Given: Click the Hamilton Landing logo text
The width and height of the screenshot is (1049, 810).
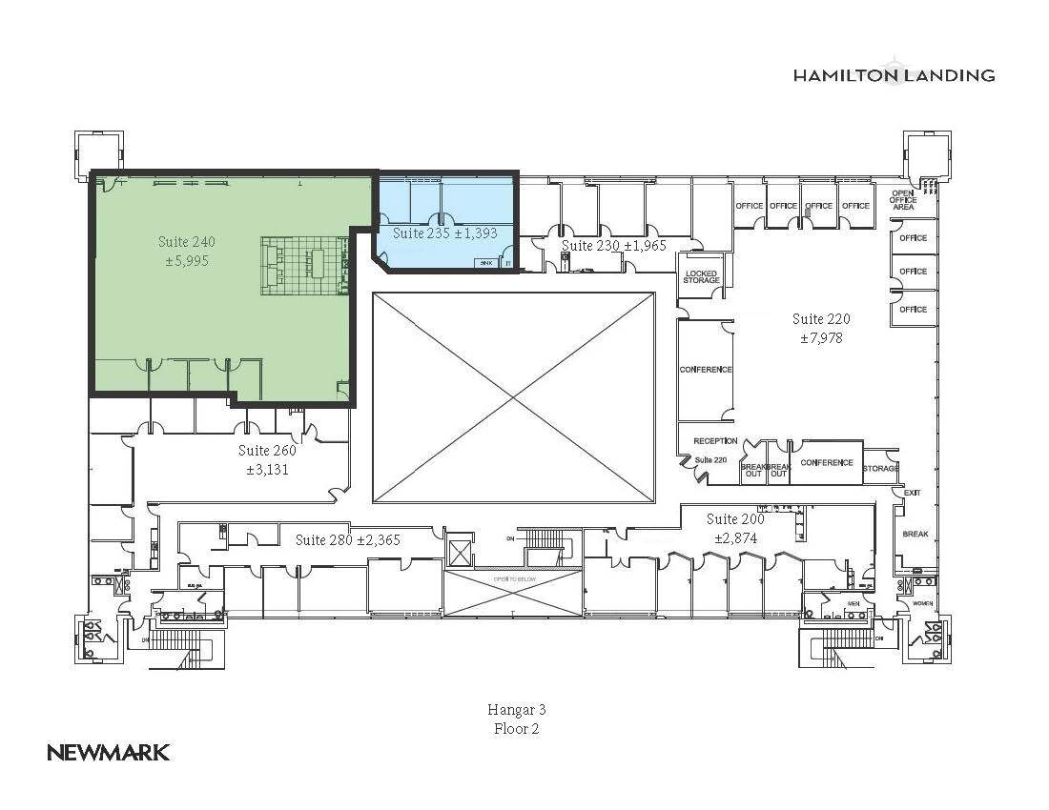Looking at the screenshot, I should coord(894,75).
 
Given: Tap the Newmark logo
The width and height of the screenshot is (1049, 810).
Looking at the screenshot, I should coord(109,752).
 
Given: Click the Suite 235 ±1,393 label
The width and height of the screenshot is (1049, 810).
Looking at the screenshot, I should coord(445,233).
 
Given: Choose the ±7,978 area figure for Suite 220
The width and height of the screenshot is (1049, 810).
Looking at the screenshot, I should coord(821,337).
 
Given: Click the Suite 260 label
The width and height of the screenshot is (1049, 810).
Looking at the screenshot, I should coord(267,451).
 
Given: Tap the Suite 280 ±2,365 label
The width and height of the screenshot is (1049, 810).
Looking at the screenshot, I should coord(347,539).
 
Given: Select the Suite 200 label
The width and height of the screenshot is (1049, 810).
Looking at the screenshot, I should coord(735,519).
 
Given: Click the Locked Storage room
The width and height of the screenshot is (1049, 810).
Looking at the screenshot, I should coord(701,276).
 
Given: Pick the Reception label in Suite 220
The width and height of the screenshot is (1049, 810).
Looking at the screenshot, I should coord(715,441).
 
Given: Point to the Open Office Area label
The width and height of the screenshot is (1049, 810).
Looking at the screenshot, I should coord(903,200).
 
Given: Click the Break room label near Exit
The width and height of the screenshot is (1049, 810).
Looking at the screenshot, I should coord(915,534).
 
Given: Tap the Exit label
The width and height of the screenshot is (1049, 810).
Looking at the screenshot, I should coord(912,493).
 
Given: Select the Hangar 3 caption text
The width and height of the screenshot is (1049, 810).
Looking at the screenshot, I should coord(516,709).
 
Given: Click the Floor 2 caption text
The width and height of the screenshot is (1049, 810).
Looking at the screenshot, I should coord(516,729).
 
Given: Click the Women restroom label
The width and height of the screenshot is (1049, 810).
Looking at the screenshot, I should coord(922,603).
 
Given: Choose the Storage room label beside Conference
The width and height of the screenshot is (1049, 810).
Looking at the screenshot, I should coord(880,468).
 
